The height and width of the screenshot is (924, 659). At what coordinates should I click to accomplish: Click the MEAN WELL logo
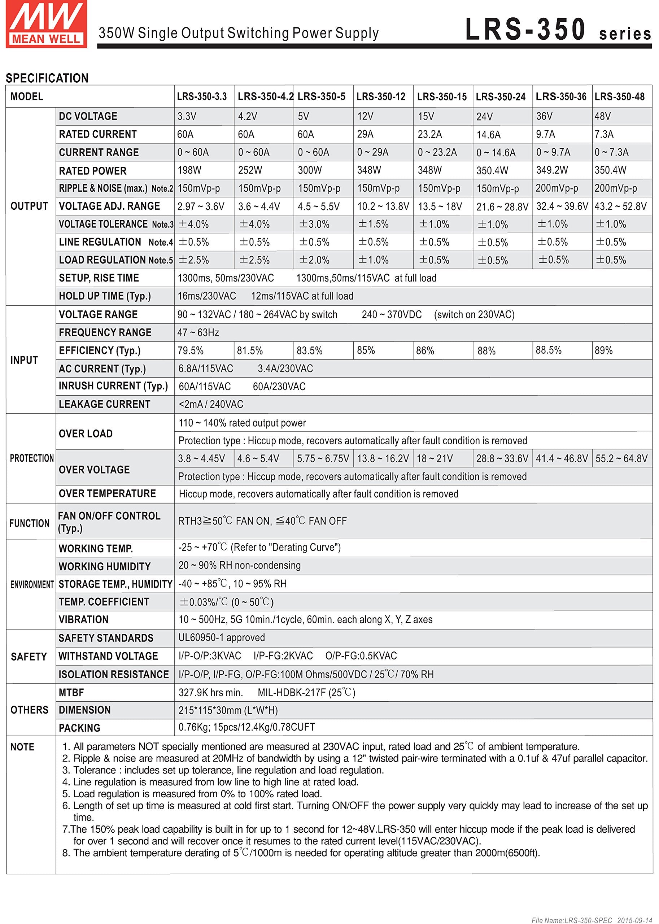pos(46,24)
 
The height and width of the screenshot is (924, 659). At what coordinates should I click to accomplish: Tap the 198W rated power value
pos(189,170)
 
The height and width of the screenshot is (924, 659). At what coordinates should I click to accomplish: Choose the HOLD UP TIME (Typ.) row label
pos(105,296)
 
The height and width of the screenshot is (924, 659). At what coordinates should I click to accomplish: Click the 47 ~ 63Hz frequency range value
pos(198,333)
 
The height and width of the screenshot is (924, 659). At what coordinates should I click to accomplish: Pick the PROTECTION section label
pos(32,458)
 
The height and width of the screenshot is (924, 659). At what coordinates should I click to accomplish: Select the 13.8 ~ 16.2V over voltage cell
pos(383,458)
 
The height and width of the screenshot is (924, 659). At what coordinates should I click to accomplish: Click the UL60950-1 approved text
pos(222,637)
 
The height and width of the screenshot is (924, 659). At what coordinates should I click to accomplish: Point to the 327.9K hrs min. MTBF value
pos(211,693)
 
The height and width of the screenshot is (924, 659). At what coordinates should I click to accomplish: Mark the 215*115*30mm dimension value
pos(228,711)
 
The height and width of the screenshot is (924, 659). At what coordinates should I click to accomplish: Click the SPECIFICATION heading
pos(47,78)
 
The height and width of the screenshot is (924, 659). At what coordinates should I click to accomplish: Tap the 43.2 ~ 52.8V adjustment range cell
pos(620,206)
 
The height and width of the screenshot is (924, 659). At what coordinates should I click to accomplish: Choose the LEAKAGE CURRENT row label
pos(104,404)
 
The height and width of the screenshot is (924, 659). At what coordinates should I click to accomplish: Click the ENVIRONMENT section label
pos(32,584)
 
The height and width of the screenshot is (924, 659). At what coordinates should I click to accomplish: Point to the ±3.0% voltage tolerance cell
pos(314,224)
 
